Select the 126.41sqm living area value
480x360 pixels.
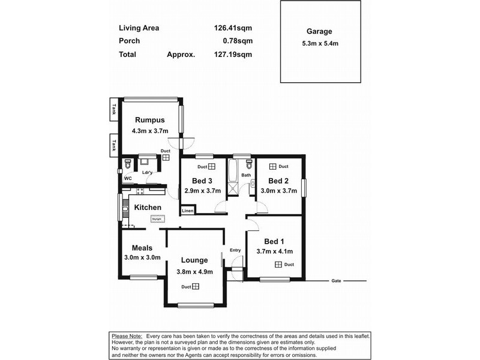pos(233,28)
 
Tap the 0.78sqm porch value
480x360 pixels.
pos(237,41)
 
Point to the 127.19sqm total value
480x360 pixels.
pos(233,54)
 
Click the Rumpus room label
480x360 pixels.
pos(149,119)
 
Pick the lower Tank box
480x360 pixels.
pos(113,145)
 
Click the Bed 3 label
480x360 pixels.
pos(202,181)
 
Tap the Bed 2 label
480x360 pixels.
pos(278,181)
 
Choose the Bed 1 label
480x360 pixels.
pos(266,241)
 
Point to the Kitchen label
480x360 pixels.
pos(148,207)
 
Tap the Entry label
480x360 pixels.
pos(235,250)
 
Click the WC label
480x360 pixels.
pos(127,178)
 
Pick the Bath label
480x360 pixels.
pos(246,175)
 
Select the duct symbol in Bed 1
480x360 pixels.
pos(278,264)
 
